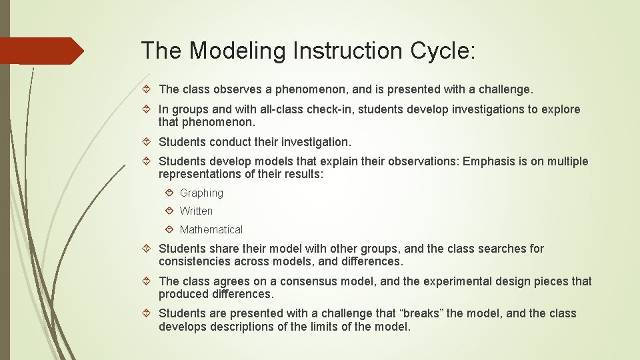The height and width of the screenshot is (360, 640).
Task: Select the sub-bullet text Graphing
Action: tap(201, 193)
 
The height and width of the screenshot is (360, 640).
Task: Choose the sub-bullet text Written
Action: tap(196, 211)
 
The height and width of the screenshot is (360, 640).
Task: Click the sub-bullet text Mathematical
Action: tap(211, 229)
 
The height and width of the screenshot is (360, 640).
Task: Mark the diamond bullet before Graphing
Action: tap(169, 193)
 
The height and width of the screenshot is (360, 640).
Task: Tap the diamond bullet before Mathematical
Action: tap(169, 229)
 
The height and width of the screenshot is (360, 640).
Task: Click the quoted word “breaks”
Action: tap(419, 313)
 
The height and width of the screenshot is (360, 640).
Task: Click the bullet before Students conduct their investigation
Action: tap(148, 142)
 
